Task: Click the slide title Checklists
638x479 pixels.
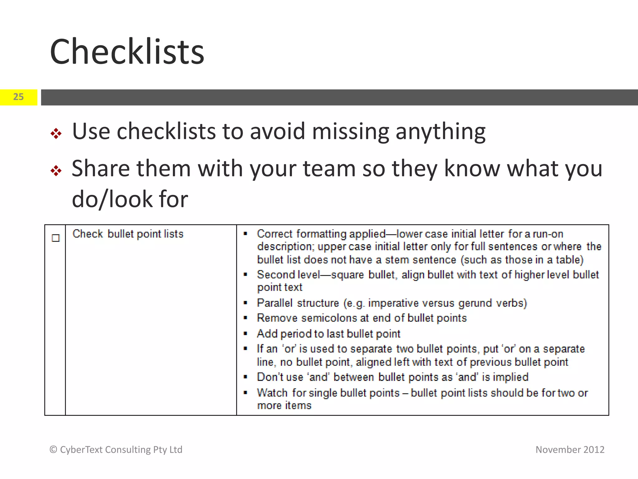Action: [x=127, y=52]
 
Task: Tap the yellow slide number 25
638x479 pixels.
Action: [x=18, y=97]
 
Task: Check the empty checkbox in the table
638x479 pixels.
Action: [x=55, y=238]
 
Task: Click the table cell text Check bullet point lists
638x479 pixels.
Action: [x=128, y=234]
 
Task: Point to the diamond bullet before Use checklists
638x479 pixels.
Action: [x=56, y=133]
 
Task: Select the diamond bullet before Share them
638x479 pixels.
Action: [x=56, y=171]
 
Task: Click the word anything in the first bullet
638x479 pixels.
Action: [x=440, y=132]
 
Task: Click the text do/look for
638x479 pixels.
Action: [x=130, y=199]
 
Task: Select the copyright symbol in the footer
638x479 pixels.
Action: [x=53, y=449]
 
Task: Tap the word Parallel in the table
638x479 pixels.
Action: [x=275, y=303]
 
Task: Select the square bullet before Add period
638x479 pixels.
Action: [x=245, y=334]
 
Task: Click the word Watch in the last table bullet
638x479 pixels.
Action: [x=272, y=393]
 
